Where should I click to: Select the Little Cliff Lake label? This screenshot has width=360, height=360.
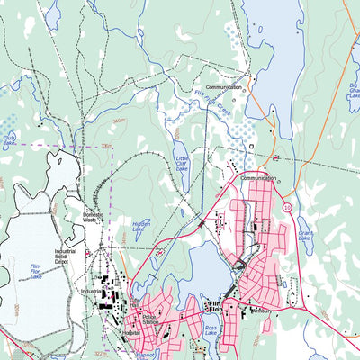point(183,163)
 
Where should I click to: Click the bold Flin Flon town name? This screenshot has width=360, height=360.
point(214,304)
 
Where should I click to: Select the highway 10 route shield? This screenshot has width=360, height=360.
point(286,208)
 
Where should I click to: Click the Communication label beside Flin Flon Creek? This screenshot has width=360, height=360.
point(223,87)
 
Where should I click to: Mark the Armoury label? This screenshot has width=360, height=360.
point(263,311)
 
